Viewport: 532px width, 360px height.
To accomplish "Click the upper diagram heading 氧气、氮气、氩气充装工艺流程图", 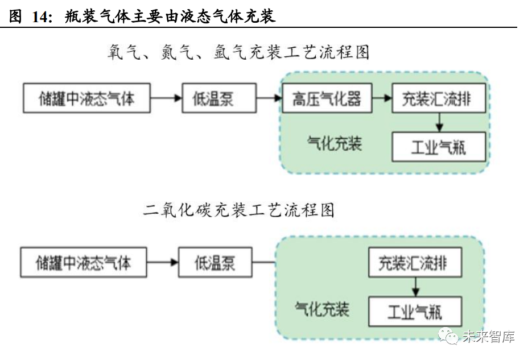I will point(238,52).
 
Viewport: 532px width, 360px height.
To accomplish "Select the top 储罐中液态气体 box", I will point(86,98).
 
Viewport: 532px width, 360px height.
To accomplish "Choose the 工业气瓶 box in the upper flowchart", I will point(439,147).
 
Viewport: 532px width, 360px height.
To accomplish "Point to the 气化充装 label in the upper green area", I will point(335,143).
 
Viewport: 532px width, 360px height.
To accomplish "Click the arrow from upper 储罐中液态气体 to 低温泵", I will point(166,98).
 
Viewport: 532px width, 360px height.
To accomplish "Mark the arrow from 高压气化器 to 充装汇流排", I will point(382,98).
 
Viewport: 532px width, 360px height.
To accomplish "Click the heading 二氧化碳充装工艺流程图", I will point(238,210).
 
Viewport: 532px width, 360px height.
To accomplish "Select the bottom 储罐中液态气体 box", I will point(84,262).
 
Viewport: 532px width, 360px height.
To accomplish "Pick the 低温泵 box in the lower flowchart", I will point(215,262).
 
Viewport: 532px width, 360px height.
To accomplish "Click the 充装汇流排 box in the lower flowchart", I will point(415,263).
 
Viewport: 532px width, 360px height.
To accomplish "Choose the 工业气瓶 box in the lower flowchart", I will point(415,311).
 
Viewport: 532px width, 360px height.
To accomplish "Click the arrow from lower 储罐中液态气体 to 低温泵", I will point(162,262).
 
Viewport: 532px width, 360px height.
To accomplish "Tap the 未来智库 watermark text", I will point(488,337).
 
